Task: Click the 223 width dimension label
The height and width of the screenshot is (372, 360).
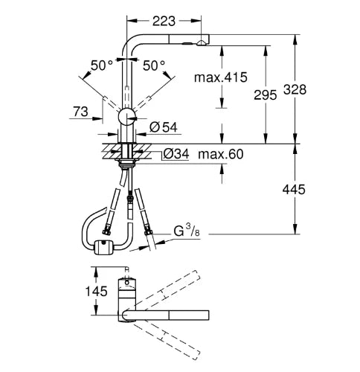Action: tap(164, 22)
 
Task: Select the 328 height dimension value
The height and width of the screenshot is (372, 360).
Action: tap(295, 89)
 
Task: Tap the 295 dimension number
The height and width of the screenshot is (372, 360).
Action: tap(265, 95)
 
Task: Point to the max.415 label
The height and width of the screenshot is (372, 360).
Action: tap(221, 77)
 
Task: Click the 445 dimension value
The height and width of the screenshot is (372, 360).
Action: tap(294, 190)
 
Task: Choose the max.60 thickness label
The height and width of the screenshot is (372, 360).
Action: tap(221, 154)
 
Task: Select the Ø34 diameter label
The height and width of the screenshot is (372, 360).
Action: tap(176, 154)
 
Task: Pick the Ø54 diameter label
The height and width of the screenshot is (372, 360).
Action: tap(164, 127)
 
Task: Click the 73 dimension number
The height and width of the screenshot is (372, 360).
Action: tap(80, 112)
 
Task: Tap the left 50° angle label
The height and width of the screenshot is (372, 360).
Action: tap(102, 65)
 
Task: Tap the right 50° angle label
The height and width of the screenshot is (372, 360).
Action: tap(154, 65)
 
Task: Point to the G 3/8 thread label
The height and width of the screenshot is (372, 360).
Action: tap(187, 231)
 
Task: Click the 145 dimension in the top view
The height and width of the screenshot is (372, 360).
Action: tap(96, 291)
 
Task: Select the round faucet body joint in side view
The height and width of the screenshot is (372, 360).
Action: tap(127, 117)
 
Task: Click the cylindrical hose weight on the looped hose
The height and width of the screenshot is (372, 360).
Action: tap(103, 247)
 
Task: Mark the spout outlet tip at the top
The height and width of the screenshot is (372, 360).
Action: tap(202, 44)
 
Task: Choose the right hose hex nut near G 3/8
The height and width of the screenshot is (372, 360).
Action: tap(147, 231)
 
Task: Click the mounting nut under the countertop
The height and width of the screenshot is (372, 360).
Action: tap(127, 164)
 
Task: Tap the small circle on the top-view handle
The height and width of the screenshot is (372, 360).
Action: tap(127, 282)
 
